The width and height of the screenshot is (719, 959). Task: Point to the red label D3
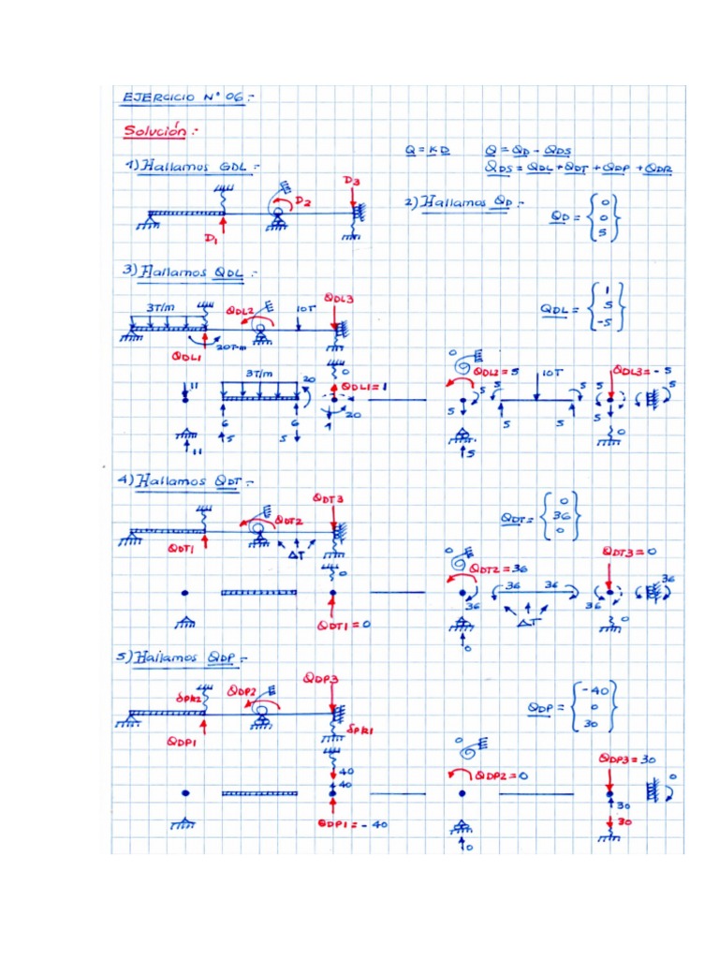click(350, 180)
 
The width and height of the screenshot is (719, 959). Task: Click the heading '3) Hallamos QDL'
click(185, 273)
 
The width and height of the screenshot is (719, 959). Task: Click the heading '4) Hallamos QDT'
click(185, 481)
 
